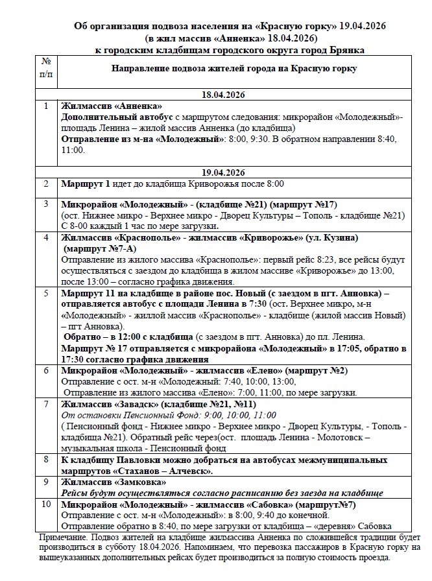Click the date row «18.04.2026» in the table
click(x=222, y=94)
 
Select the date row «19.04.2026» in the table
click(x=222, y=172)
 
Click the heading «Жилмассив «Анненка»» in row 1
click(x=111, y=106)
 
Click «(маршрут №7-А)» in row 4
click(x=100, y=247)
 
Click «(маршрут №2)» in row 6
click(x=315, y=371)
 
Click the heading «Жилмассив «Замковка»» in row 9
click(x=114, y=482)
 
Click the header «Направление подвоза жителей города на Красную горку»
click(x=234, y=68)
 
